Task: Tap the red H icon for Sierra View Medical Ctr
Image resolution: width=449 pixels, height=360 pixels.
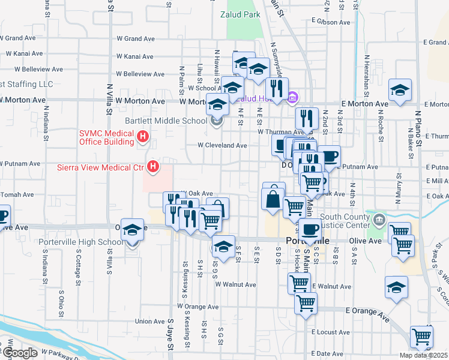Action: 154,166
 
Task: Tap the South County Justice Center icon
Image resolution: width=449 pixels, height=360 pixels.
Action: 378,219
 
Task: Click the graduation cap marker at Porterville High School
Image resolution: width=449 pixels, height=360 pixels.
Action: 132,230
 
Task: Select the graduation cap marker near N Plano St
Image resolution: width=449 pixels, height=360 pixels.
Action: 400,91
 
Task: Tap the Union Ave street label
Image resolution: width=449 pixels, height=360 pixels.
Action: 149,322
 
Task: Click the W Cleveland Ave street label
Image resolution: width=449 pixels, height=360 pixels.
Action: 223,145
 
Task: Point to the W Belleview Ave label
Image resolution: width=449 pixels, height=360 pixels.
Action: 140,74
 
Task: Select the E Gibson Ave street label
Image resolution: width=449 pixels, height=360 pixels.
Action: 330,22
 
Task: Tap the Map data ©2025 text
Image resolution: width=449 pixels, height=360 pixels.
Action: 423,355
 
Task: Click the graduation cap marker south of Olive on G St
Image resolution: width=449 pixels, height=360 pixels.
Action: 223,246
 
